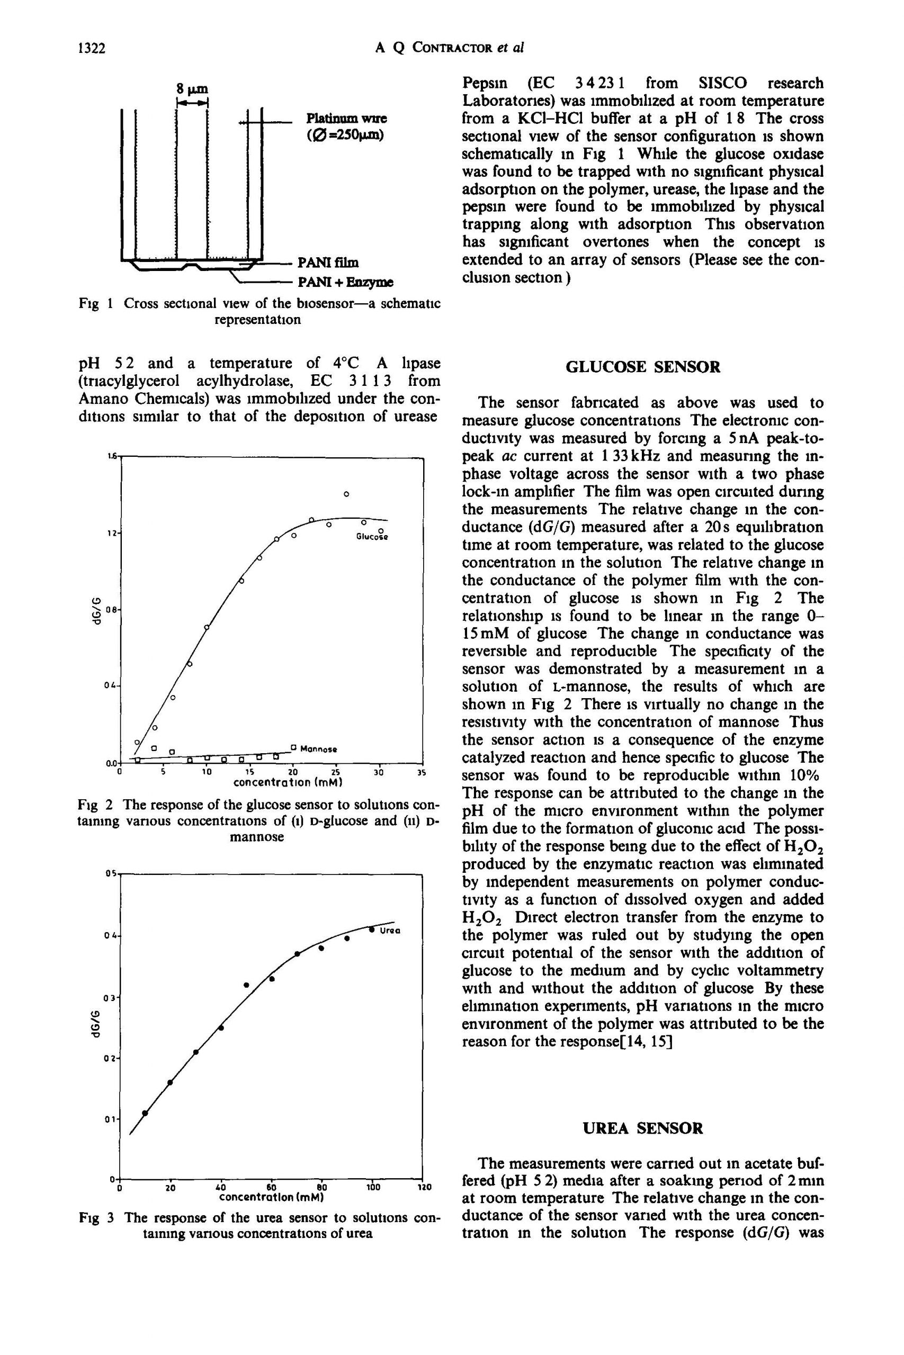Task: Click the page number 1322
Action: (x=92, y=49)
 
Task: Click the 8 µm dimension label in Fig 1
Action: (x=192, y=89)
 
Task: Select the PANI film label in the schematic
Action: (x=327, y=263)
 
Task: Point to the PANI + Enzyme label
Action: (x=345, y=282)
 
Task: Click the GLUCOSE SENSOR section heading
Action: (x=643, y=366)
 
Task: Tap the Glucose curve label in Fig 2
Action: (x=371, y=536)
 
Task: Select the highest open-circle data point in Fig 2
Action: (x=346, y=494)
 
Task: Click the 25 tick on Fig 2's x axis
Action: (x=336, y=771)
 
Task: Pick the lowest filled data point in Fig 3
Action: (x=145, y=1113)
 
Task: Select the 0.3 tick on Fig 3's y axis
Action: (x=111, y=997)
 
